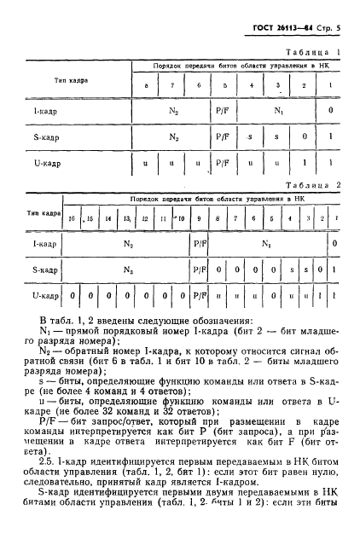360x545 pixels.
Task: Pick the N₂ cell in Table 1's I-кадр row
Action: tap(174, 112)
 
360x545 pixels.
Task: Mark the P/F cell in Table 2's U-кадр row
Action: tap(201, 297)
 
